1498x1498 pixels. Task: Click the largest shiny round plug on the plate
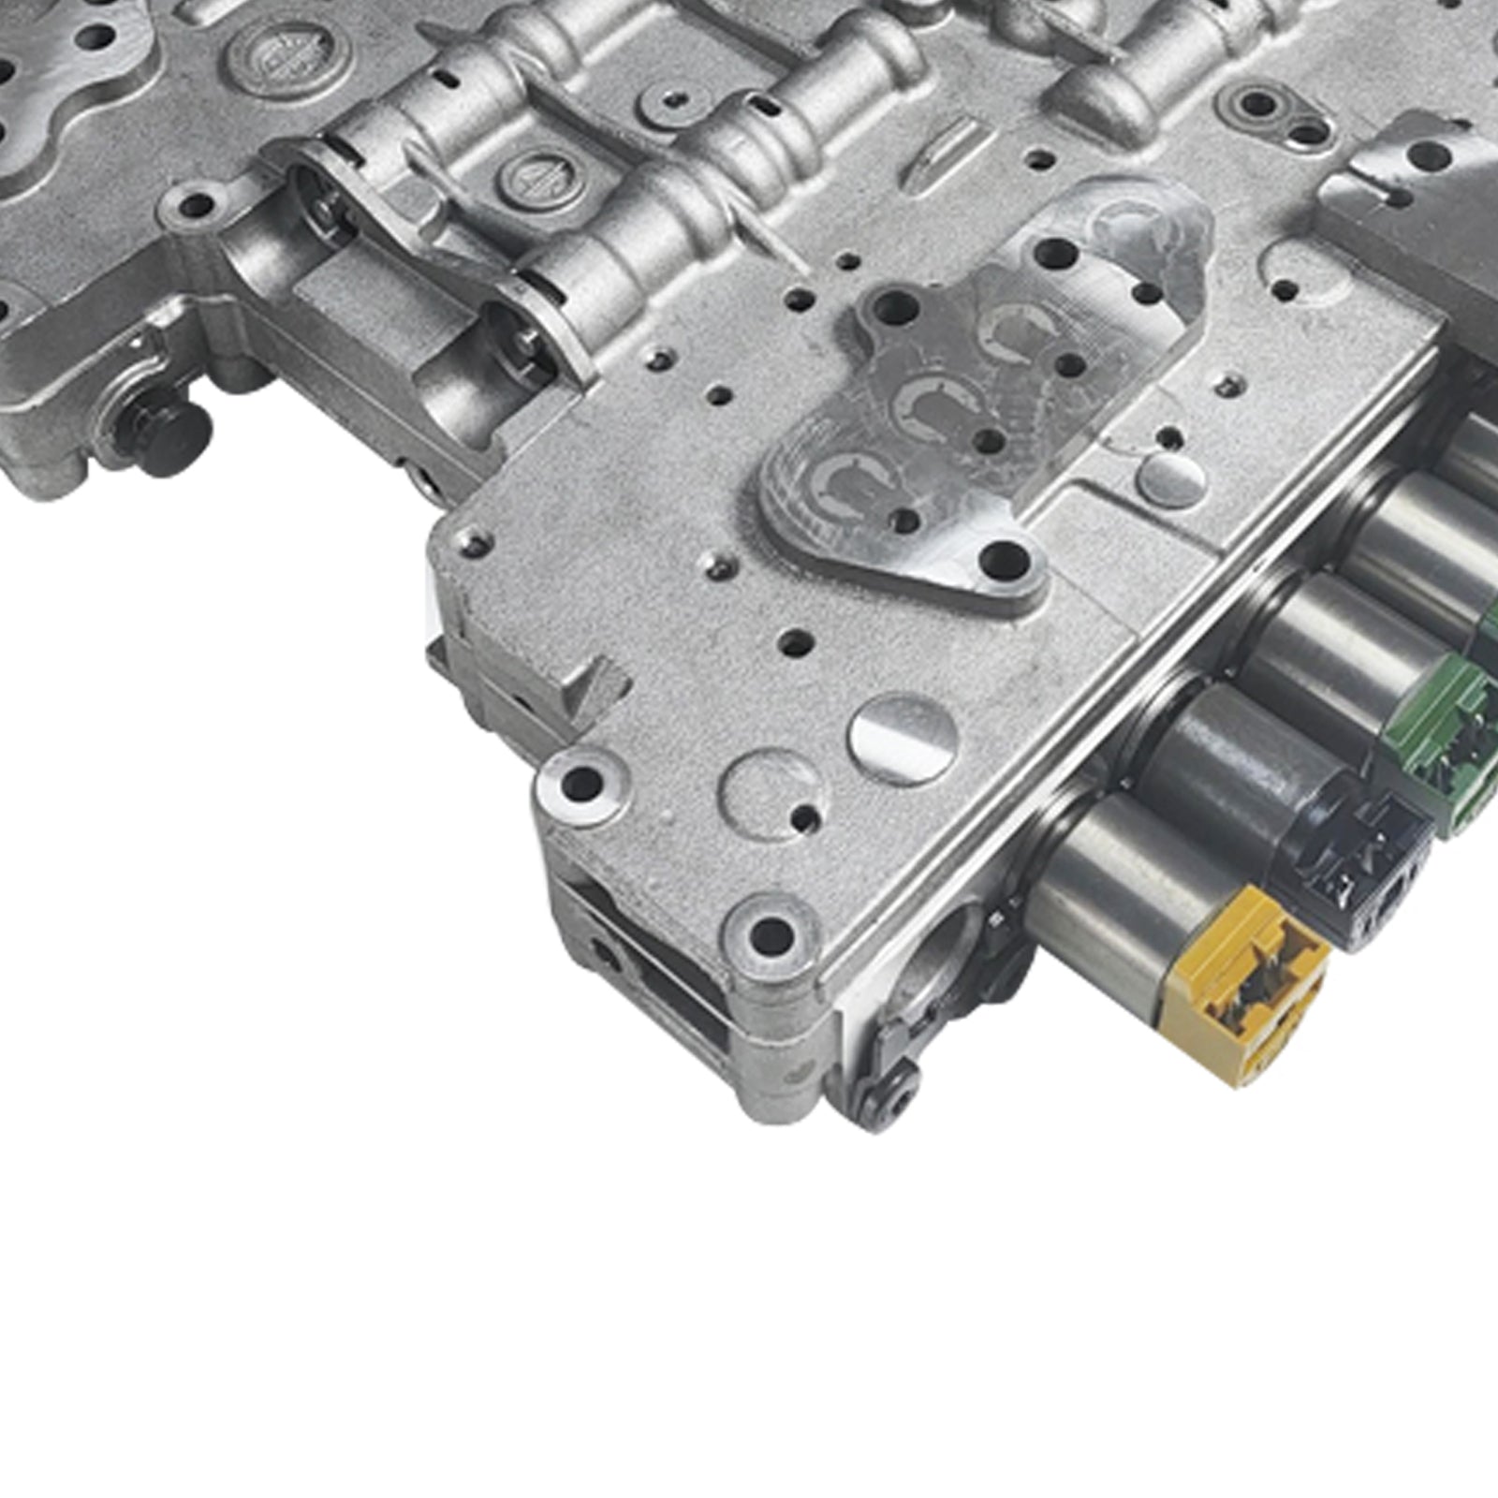903,740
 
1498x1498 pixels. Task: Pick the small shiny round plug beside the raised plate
1170,477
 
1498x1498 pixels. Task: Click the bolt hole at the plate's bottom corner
771,932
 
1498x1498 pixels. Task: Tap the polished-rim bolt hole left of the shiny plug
580,782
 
